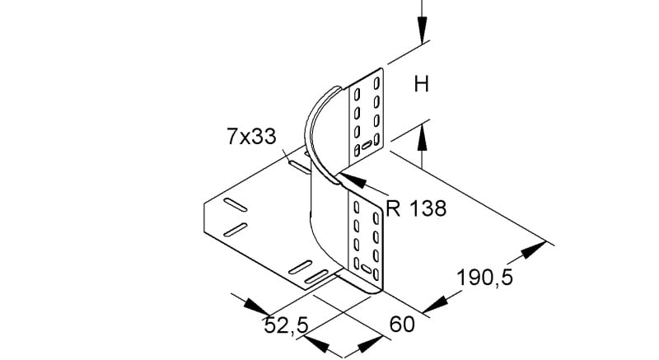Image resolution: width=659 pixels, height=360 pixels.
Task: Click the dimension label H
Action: coord(422,84)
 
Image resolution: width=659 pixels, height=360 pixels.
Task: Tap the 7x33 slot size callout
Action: coord(252,137)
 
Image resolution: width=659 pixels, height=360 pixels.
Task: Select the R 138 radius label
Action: coord(416,208)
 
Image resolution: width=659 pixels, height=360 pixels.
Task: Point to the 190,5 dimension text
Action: coord(484,278)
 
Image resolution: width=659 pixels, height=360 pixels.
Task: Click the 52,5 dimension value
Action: coord(286,325)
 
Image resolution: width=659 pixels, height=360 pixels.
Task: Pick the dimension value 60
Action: coord(402,325)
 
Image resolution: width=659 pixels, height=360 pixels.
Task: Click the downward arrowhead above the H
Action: coord(422,30)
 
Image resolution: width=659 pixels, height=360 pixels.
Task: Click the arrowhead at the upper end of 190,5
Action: coord(533,249)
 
